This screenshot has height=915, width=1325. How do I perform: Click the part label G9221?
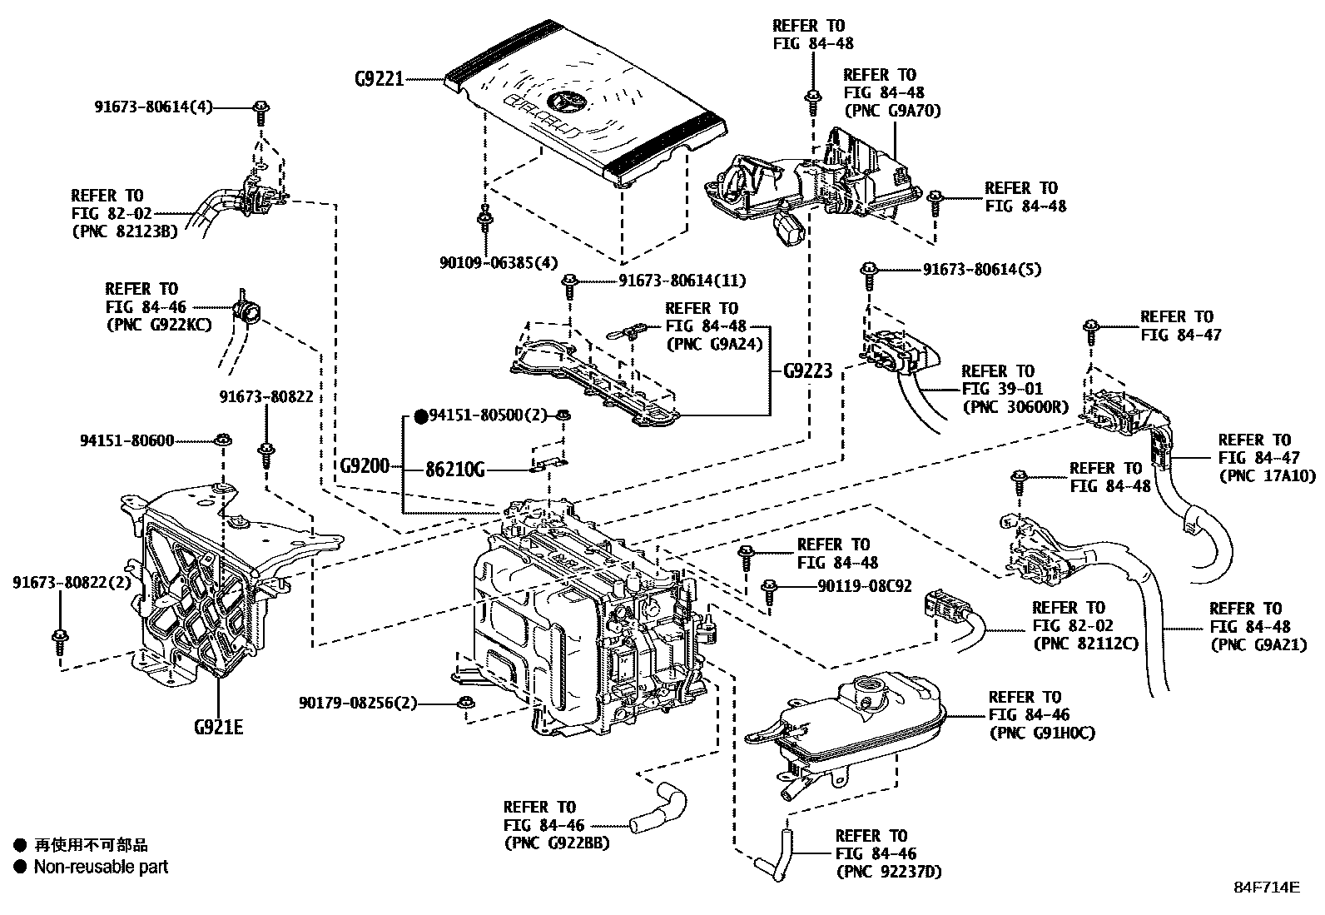click(x=379, y=80)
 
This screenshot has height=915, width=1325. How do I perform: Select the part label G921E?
click(x=218, y=728)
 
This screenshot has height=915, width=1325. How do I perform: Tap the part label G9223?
click(x=807, y=371)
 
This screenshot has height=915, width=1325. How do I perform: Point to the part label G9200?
click(x=365, y=466)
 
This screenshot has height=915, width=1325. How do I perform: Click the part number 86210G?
click(x=455, y=470)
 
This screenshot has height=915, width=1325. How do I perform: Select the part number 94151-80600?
click(x=127, y=440)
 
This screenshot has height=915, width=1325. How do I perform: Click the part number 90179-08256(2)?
click(x=358, y=704)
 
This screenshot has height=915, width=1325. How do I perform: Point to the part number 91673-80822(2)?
click(x=72, y=583)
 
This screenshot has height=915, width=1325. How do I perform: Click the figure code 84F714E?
click(x=1266, y=887)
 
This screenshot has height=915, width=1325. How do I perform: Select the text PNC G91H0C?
click(x=1041, y=733)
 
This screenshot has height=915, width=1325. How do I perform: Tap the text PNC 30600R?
click(x=1015, y=407)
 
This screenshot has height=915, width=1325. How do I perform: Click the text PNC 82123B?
click(x=125, y=231)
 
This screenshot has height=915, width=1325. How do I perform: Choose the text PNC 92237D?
click(x=889, y=872)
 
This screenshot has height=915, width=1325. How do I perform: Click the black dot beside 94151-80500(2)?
click(x=420, y=415)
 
